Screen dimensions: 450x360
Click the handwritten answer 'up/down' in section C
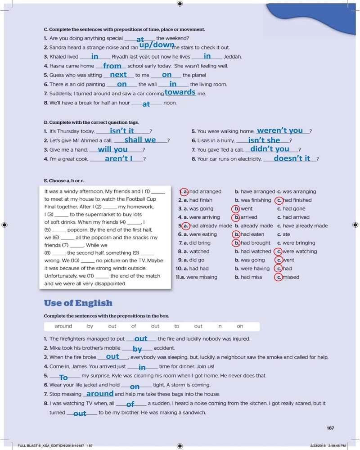coord(157,45)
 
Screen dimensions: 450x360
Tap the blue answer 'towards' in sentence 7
coord(180,92)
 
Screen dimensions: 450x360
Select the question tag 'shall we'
coord(140,140)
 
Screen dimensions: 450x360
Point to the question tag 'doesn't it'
coord(292,158)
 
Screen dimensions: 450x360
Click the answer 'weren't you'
coord(280,130)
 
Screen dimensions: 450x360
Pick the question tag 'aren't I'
coord(118,158)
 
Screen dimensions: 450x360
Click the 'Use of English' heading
coord(78,303)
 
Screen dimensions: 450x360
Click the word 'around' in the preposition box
coord(63,326)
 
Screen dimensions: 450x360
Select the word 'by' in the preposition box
coord(90,326)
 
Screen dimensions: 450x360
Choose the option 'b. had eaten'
coord(249,234)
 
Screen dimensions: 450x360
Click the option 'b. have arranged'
coord(255,192)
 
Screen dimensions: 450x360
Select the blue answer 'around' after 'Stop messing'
coord(100,394)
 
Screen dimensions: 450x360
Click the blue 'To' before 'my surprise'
coord(63,378)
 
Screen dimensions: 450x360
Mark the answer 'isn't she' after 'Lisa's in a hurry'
coord(264,140)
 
